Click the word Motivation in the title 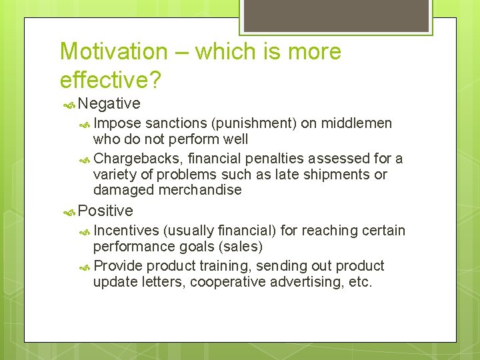(114, 52)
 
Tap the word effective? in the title (110, 79)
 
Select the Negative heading (109, 104)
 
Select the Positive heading (105, 211)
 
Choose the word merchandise (200, 190)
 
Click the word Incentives (126, 231)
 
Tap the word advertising (312, 282)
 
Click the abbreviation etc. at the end (360, 282)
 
